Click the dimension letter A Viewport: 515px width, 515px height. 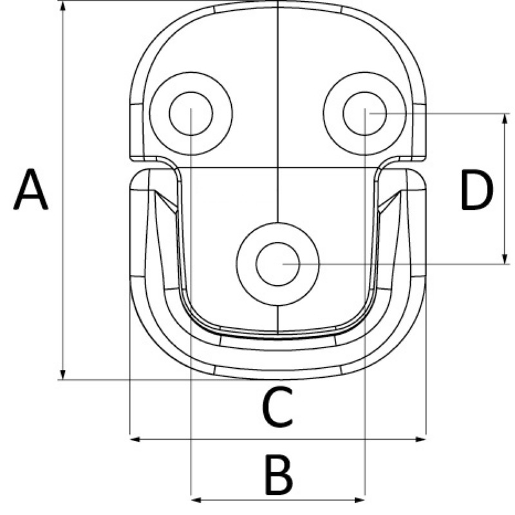tap(30, 191)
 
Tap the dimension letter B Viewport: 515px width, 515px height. tap(278, 475)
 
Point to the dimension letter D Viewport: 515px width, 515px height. tap(477, 191)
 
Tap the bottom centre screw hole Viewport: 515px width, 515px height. tap(277, 264)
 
